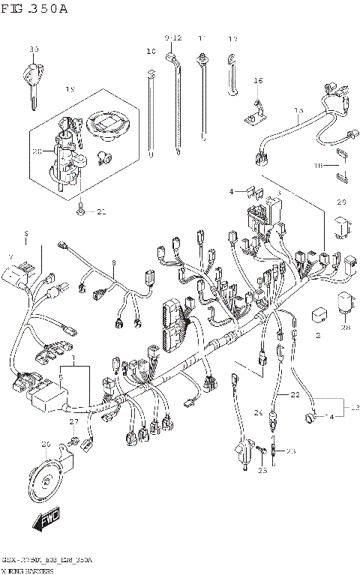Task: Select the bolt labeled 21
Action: tap(80, 209)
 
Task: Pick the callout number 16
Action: tap(258, 80)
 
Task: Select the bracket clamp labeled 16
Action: tap(255, 112)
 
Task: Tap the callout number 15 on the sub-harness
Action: tap(298, 112)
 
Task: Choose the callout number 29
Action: tap(341, 202)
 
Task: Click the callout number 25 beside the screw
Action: tap(262, 470)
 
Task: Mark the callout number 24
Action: tap(258, 412)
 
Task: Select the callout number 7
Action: tap(10, 256)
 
